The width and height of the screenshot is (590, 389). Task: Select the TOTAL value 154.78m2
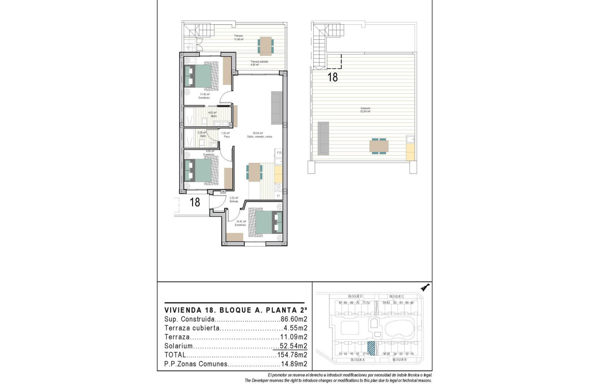pos(292,355)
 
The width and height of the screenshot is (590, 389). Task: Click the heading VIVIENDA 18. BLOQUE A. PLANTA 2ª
pos(234,309)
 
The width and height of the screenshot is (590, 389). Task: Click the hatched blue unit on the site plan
pos(372,348)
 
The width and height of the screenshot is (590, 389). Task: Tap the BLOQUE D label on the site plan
pos(355,296)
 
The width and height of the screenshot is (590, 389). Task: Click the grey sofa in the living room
pos(277,108)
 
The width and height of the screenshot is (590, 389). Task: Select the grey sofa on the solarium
pos(323,138)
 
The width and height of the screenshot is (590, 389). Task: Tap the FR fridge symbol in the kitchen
pos(279,153)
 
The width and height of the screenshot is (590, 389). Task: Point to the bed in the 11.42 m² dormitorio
pos(199,76)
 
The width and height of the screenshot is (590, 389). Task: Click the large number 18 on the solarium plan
pos(333,77)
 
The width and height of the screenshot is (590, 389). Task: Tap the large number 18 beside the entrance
pos(195,202)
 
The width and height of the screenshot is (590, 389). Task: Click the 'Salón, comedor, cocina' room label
pos(263,136)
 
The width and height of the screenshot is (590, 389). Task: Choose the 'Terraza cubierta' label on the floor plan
pos(259,62)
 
